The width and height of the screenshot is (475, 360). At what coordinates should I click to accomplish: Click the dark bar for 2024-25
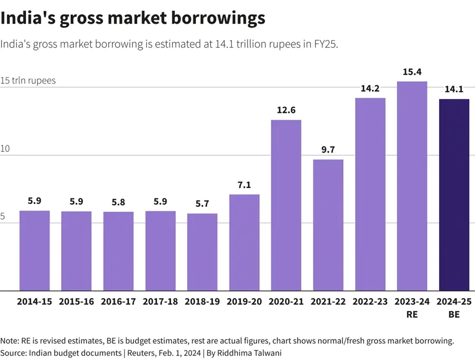(x=454, y=195)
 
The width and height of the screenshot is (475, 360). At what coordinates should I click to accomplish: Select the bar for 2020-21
(x=286, y=206)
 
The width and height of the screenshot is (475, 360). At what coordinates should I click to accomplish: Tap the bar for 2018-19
(x=202, y=252)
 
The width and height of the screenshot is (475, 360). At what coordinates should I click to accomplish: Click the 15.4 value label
(x=412, y=72)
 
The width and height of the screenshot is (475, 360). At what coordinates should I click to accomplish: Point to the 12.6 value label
(x=286, y=110)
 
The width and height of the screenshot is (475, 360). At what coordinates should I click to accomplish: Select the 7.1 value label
(x=244, y=185)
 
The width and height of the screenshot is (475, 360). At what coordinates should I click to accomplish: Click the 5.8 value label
(x=118, y=202)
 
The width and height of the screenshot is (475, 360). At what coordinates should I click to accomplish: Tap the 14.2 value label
(x=370, y=88)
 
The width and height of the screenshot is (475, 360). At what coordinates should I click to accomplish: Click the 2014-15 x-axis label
(x=34, y=302)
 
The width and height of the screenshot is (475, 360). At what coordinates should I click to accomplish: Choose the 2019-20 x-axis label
(x=244, y=302)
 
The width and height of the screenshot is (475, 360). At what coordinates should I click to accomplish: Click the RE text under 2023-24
(x=412, y=315)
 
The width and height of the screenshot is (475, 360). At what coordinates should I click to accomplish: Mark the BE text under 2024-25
(x=454, y=315)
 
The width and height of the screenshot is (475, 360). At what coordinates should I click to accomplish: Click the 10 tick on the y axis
(x=5, y=149)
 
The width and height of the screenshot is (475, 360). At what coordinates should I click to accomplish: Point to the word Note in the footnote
(x=9, y=340)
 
